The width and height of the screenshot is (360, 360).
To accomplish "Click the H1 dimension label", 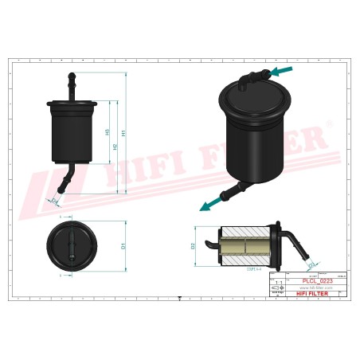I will (x=123, y=132).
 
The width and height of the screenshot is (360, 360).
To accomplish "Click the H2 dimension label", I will (x=115, y=147).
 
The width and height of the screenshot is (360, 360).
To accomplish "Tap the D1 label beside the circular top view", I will (x=123, y=246).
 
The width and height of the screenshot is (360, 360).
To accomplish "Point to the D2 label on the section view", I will (x=194, y=246).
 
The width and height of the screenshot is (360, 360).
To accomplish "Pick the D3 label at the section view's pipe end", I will (x=311, y=262).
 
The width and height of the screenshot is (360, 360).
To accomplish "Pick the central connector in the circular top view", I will (x=73, y=245).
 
